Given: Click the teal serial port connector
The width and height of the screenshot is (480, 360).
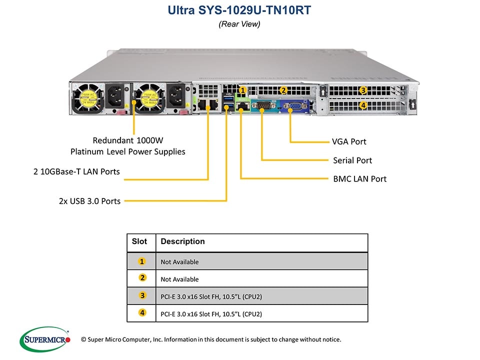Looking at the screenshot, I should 262,105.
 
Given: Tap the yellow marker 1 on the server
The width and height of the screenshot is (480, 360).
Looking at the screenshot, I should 242,90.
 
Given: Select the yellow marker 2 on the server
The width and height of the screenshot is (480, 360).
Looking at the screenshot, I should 283,90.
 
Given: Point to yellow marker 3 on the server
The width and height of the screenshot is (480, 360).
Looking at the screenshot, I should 363,90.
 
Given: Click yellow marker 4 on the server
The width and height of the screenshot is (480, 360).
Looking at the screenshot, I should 363,105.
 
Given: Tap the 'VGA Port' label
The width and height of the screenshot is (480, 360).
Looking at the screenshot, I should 349,141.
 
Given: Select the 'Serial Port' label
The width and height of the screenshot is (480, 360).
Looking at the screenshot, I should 352,160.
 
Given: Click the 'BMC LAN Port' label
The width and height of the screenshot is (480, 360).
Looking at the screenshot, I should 359,179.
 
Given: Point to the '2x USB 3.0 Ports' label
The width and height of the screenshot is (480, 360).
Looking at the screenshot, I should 89,201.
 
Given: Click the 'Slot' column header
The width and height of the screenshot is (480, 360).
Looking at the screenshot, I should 139,241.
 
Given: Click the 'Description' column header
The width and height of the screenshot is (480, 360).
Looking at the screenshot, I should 182,241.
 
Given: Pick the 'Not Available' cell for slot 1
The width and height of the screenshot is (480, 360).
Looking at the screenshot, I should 179,262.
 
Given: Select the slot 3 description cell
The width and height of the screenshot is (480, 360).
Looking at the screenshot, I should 211,296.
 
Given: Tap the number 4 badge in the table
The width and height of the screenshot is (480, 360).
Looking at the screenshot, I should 142,313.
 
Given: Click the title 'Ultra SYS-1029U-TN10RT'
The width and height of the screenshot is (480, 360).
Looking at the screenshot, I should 239,9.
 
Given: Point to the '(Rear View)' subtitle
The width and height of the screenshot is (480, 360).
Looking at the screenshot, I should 239,23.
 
